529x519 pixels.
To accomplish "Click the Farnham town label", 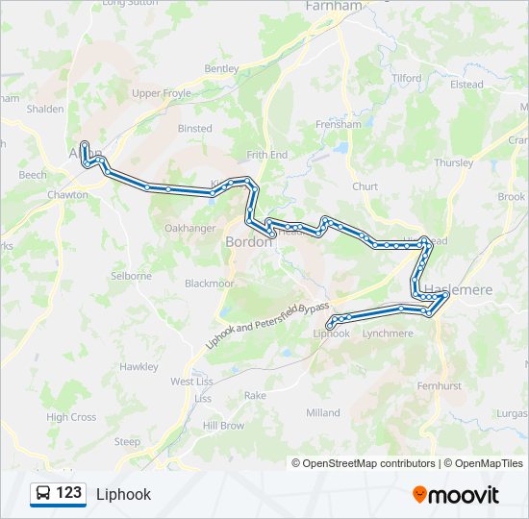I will click(333, 6).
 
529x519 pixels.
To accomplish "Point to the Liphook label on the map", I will click(332, 334).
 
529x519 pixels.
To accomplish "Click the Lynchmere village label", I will click(388, 334).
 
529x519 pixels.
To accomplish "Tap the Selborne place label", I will click(131, 276).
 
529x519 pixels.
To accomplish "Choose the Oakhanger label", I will click(189, 228).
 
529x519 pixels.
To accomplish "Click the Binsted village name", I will click(195, 128).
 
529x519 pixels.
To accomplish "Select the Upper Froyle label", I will click(162, 93).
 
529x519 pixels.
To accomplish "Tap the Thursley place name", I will click(454, 163).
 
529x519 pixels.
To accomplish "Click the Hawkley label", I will click(139, 367).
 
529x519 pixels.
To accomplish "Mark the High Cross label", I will click(71, 417).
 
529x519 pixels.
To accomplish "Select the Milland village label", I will click(323, 412).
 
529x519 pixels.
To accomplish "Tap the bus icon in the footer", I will click(43, 494).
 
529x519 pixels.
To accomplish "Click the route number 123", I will click(69, 493).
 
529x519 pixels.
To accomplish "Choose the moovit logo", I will click(456, 495).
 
